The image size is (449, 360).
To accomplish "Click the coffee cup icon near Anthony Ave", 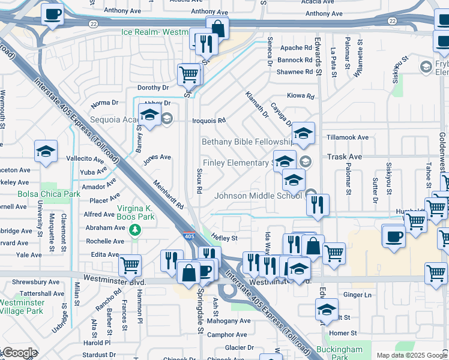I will (x=52, y=14).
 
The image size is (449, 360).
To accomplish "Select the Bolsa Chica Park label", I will (x=40, y=194).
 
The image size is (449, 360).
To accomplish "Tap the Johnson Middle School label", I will (x=259, y=195).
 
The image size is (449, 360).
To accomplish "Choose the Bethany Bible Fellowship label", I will (x=246, y=142).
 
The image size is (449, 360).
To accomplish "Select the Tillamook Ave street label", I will (x=347, y=137).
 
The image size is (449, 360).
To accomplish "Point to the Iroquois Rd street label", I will (x=208, y=120).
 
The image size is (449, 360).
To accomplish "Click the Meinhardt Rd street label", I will (x=168, y=195).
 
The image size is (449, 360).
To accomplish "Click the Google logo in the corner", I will (x=19, y=353).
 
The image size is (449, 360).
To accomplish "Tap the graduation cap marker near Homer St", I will (x=326, y=310).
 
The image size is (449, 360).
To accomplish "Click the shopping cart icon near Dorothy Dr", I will (x=188, y=74).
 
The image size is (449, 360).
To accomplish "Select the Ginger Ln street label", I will (x=358, y=295).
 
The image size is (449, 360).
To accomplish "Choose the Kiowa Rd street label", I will (x=301, y=96).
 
